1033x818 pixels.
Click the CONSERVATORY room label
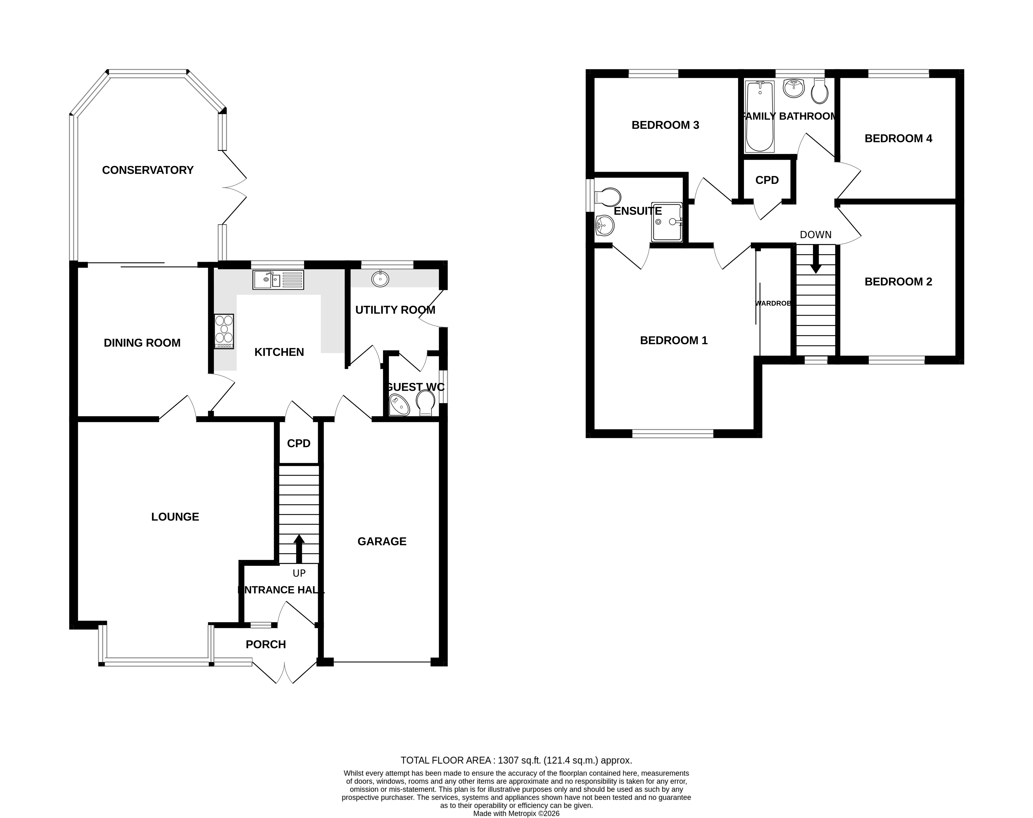point(148,170)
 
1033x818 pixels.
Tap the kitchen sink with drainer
point(278,280)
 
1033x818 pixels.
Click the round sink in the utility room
point(380,278)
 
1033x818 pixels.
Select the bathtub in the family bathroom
point(760,116)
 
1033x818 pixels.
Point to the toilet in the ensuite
point(607,197)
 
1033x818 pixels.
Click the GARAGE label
point(382,541)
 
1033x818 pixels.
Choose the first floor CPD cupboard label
point(767,180)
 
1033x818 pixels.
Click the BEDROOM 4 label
point(898,138)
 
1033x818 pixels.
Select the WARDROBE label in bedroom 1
point(773,303)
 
